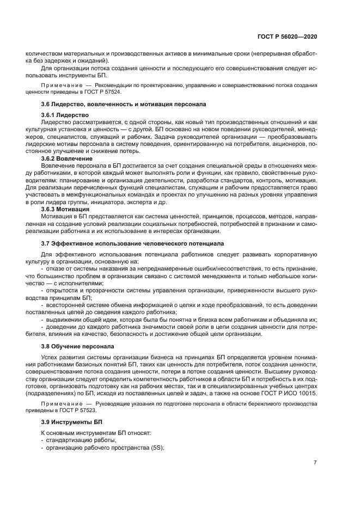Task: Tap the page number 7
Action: [x=315, y=462]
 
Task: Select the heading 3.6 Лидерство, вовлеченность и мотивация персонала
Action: [x=123, y=103]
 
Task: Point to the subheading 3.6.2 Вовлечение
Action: [x=66, y=158]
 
